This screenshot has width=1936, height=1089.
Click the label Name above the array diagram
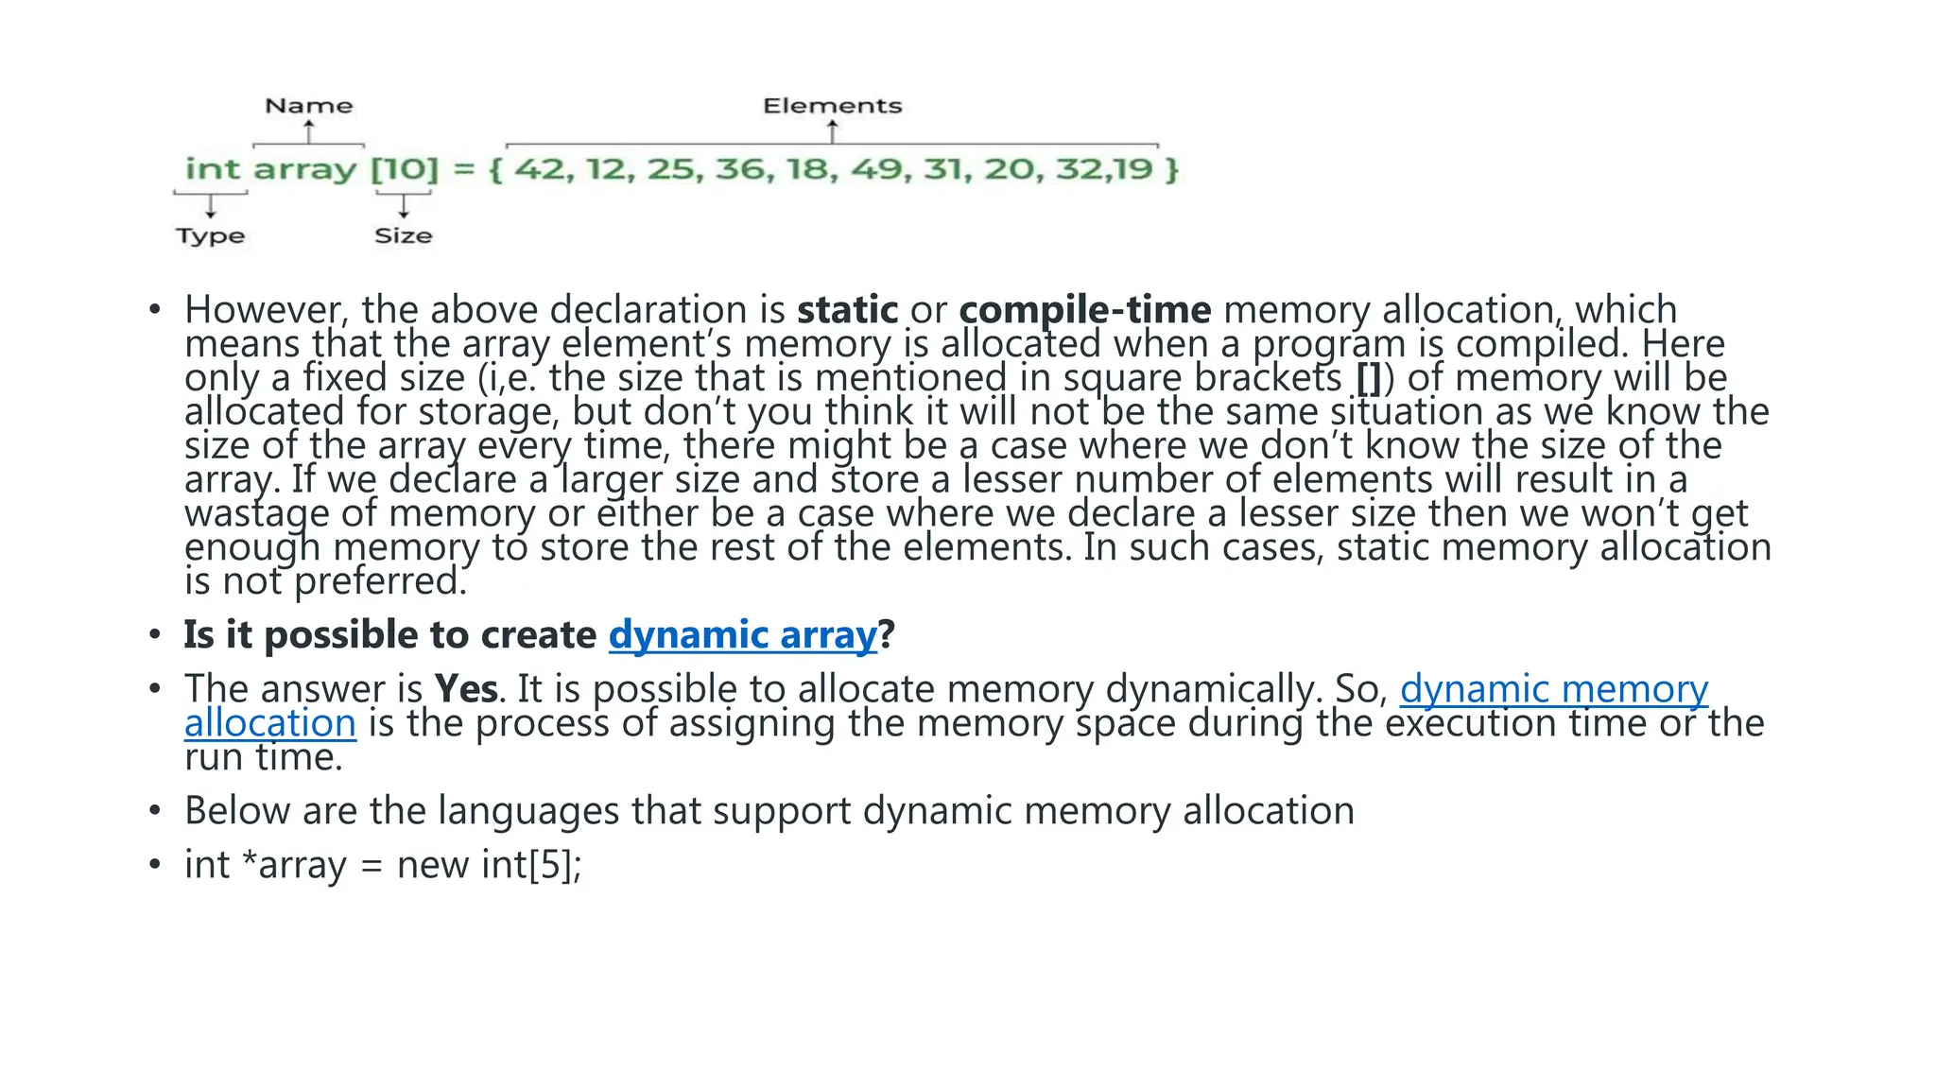308,106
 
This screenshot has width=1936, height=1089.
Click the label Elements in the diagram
832,106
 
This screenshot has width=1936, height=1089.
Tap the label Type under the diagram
210,235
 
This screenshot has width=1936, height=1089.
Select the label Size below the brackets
403,235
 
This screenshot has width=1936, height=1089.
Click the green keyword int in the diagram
213,169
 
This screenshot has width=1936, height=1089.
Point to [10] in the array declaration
405,169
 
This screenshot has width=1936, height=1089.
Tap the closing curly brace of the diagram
1172,170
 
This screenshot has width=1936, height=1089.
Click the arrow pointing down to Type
210,205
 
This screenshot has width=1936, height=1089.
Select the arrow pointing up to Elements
832,131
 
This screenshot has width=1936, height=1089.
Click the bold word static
847,310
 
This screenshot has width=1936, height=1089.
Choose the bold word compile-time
1084,310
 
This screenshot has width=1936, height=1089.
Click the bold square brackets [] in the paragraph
1368,378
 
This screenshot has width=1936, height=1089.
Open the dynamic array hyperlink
742,635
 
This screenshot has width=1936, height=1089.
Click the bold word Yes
465,689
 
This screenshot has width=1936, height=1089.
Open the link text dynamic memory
1553,689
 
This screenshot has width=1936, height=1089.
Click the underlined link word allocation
270,723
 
